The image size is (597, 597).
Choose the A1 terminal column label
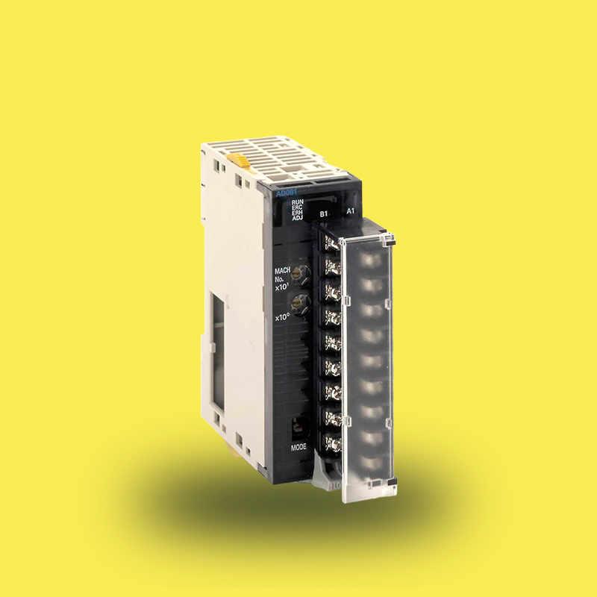click(351, 212)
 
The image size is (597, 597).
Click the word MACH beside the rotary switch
click(283, 271)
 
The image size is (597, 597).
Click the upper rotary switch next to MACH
click(302, 274)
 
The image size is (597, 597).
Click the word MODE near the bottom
click(298, 448)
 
